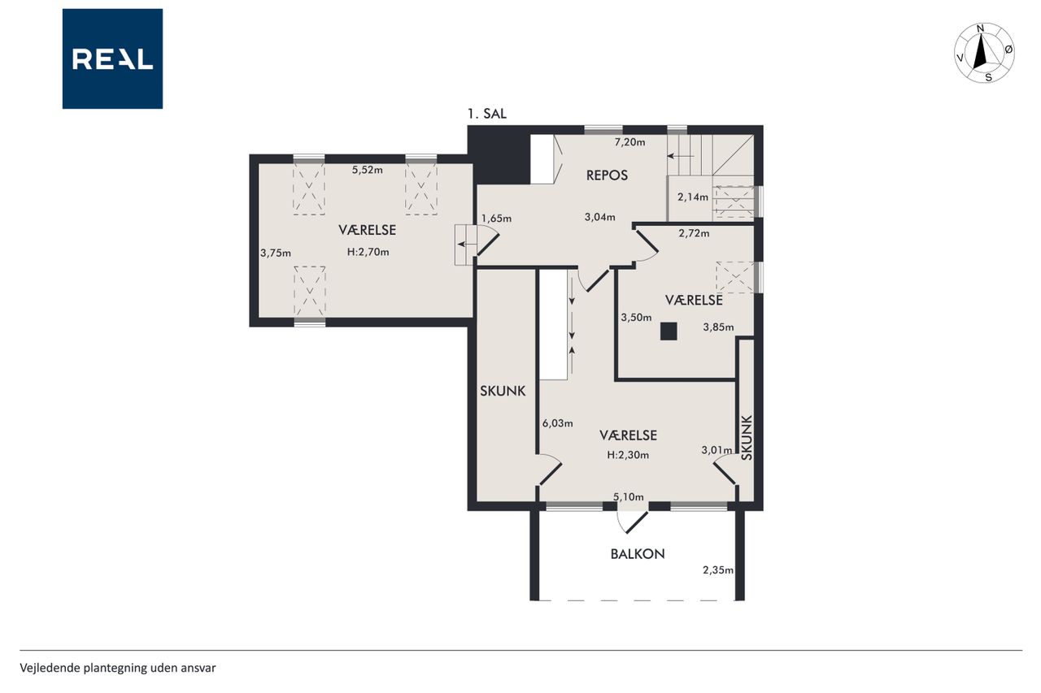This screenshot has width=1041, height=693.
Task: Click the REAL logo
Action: point(112,59)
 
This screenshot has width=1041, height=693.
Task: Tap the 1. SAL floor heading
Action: point(486,114)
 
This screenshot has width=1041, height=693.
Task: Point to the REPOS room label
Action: point(607,175)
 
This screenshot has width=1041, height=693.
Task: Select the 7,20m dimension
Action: point(629,142)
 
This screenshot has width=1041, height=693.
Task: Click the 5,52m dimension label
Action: point(367,170)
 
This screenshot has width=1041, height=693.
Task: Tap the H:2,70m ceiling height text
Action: point(368,252)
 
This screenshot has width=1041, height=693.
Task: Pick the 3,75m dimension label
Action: point(276,253)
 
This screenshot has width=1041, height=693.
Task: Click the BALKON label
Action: point(638,554)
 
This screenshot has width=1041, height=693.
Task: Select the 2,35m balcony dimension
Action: point(718,570)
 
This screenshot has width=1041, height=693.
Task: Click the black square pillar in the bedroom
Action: point(669,331)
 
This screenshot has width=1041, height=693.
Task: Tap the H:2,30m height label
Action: point(628,455)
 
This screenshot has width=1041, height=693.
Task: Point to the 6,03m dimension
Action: point(558,423)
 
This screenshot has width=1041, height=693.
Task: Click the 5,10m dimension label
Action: point(629,497)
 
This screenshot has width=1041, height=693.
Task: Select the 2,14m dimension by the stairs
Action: point(693,197)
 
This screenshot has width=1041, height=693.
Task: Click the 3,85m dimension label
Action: point(718,327)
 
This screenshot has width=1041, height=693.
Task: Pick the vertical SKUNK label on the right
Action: point(747,437)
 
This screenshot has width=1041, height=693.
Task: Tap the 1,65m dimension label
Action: point(496,219)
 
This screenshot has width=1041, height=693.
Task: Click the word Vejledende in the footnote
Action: point(50,668)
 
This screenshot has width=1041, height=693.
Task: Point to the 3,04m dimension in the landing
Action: point(600,217)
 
